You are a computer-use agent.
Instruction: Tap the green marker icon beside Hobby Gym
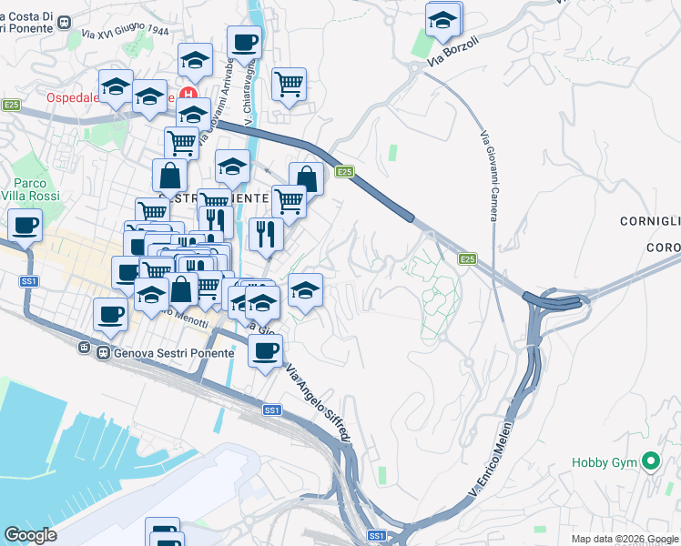tap(650, 462)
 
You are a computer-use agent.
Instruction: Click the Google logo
tap(31, 535)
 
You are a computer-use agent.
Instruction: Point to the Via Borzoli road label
tap(453, 54)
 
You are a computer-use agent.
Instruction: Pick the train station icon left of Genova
tap(83, 349)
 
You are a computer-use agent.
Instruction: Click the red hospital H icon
tap(189, 94)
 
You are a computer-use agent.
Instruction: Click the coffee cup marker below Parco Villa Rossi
tap(25, 225)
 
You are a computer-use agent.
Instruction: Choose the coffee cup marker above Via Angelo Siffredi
tap(265, 350)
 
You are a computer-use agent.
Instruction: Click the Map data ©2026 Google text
tap(624, 539)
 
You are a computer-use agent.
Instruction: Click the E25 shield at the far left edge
tap(11, 105)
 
